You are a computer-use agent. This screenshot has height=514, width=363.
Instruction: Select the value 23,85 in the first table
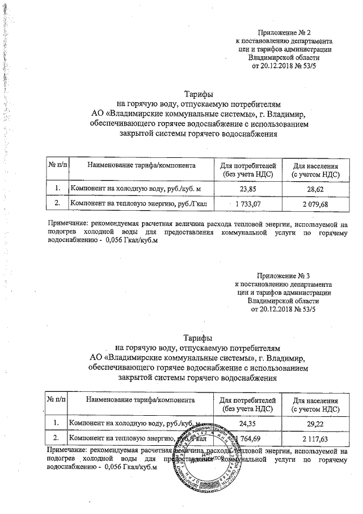[248, 187]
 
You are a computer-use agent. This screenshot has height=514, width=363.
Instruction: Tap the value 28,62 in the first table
[315, 187]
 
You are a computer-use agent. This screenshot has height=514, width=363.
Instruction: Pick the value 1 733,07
[248, 203]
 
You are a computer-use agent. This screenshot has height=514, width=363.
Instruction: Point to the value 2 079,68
[315, 203]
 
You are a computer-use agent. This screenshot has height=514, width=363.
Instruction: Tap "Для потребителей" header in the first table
[247, 165]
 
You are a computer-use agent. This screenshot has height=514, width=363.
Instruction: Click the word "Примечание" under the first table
[66, 224]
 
